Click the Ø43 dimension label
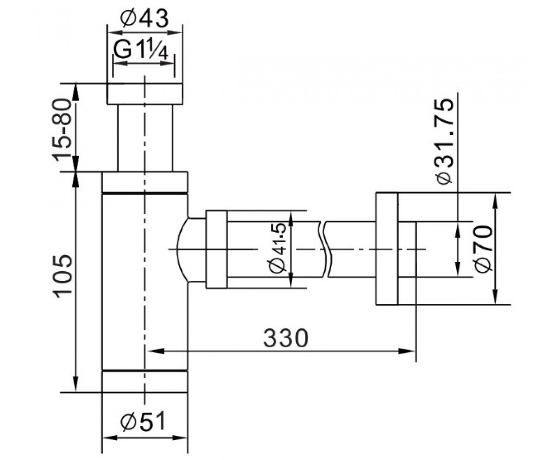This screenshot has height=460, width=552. [x=144, y=19]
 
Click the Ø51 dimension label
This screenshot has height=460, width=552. [x=143, y=421]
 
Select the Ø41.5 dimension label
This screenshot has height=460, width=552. [x=277, y=248]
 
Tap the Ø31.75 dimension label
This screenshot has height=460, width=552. [x=445, y=142]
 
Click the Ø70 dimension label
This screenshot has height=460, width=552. [x=483, y=249]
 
